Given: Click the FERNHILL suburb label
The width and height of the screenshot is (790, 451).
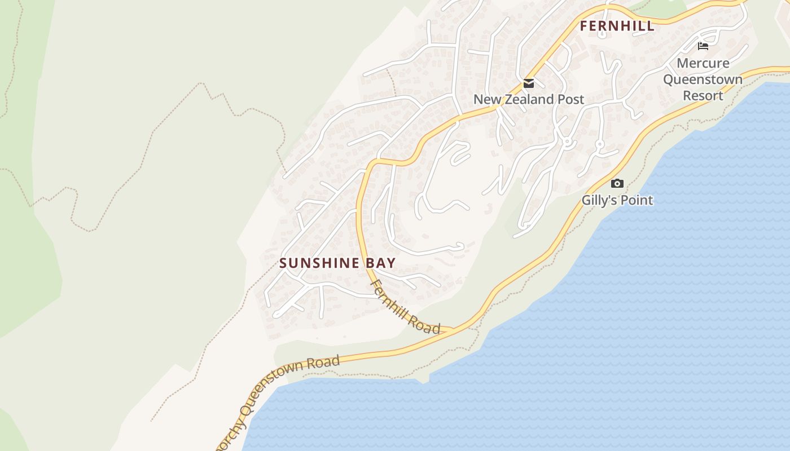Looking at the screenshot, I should click(x=617, y=26).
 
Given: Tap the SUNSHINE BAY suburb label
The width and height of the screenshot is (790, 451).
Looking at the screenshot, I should click(x=337, y=263).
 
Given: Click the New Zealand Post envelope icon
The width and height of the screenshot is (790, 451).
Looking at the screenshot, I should click(x=529, y=83).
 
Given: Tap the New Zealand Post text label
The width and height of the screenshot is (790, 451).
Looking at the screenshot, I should click(x=529, y=100).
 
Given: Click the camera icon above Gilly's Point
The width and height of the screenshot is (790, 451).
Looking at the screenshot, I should click(x=617, y=183).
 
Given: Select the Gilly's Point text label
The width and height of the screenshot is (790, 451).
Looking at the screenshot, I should click(x=617, y=200).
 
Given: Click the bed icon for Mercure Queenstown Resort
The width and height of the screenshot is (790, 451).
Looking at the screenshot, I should click(x=703, y=46).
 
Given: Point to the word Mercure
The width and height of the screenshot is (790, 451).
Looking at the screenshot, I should click(x=703, y=63).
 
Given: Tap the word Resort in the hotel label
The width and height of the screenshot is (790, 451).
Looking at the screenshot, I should click(x=703, y=96).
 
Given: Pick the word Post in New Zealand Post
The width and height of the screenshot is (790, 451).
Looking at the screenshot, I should click(x=571, y=100).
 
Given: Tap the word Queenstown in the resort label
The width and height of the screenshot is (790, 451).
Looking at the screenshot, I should click(x=703, y=79).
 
